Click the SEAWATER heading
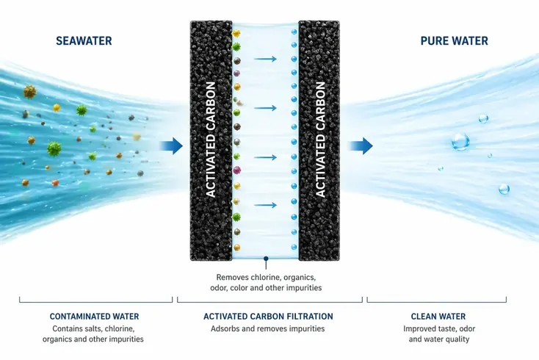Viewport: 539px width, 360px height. [84, 41]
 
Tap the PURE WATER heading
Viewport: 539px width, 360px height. [454, 41]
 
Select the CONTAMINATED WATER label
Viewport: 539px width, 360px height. [94, 317]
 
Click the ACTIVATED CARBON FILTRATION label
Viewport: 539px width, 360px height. [268, 317]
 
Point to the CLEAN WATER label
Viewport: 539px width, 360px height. [438, 317]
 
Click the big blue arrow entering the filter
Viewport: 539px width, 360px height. [171, 145]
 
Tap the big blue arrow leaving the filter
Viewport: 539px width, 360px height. [361, 145]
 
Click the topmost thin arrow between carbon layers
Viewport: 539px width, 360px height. [265, 59]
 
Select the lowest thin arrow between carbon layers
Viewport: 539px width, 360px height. [265, 205]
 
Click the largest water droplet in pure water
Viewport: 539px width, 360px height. [460, 142]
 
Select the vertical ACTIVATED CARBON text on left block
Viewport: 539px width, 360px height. [210, 140]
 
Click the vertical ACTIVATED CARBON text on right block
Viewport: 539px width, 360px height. [320, 140]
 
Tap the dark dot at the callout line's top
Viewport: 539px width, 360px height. [266, 258]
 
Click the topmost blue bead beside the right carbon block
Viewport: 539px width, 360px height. [294, 32]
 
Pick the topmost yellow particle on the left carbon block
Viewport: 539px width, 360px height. [236, 33]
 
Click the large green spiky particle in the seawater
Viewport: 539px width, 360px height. [54, 148]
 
